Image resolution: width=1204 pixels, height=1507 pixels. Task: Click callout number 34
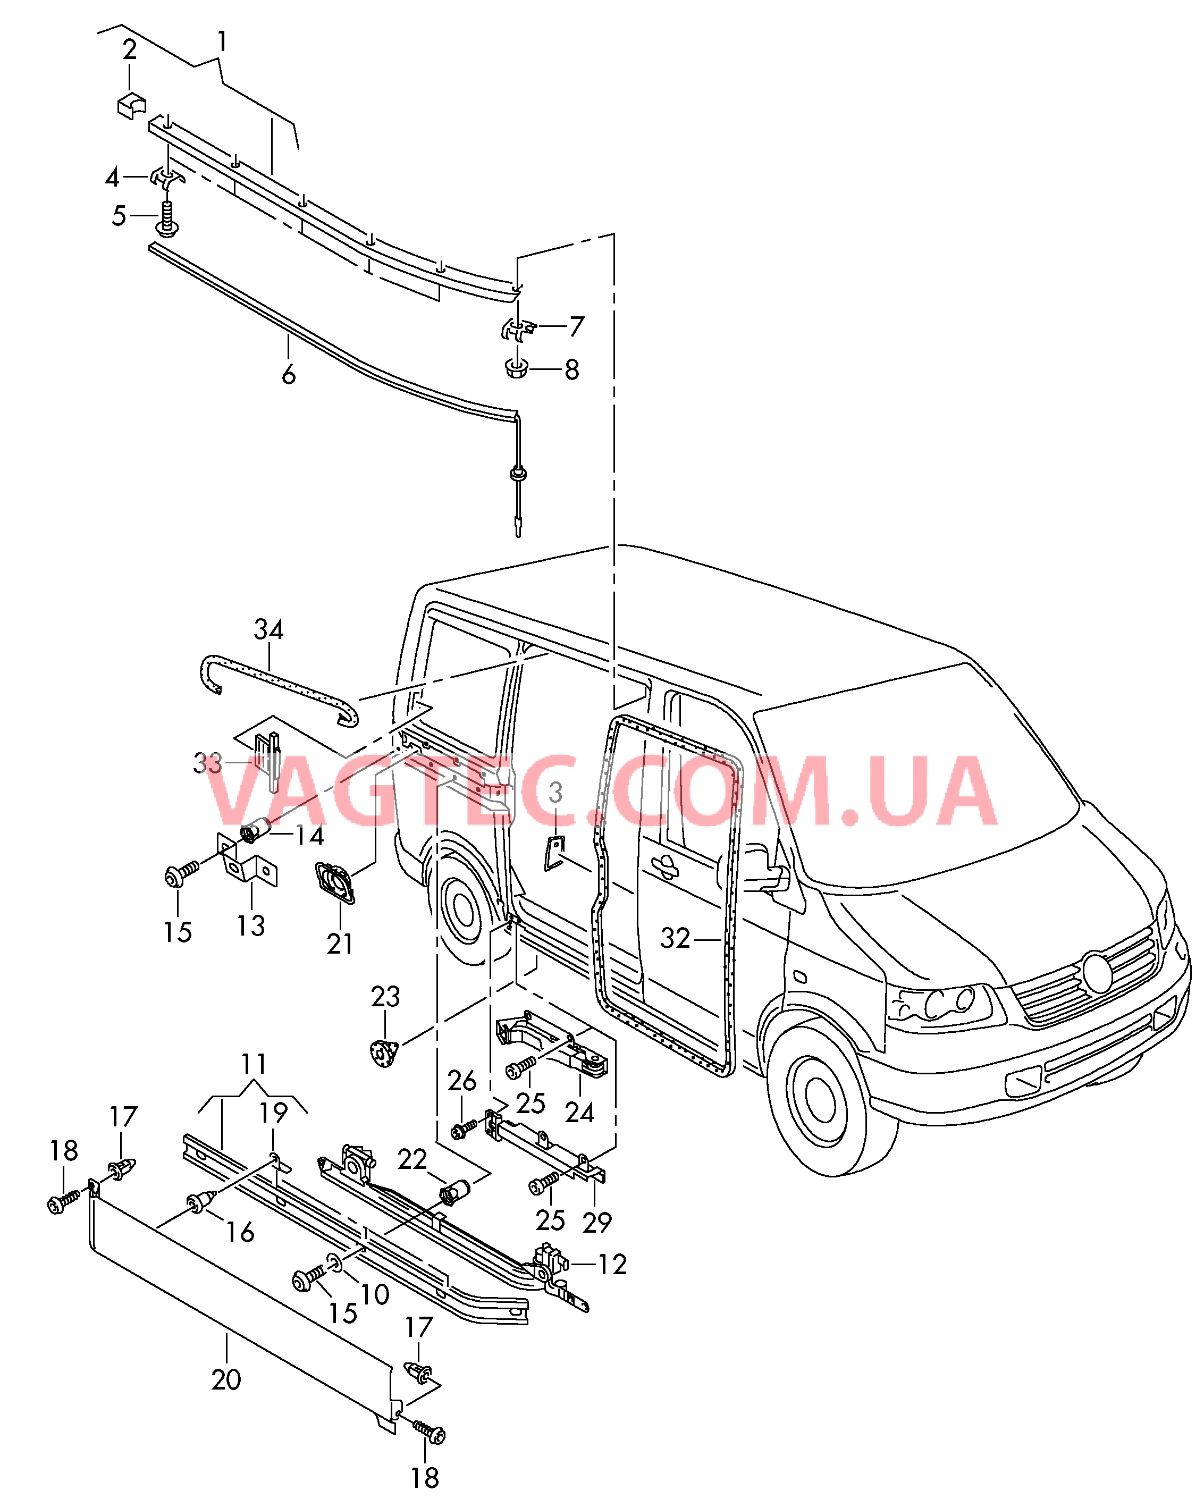(x=268, y=630)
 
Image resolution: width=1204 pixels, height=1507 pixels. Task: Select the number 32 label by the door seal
(x=675, y=938)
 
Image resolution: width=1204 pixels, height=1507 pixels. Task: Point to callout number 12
(x=612, y=1264)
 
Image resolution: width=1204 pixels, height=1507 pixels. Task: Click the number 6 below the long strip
(x=289, y=375)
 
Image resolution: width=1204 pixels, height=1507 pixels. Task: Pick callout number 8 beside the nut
(x=572, y=370)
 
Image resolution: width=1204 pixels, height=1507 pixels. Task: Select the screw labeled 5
(x=167, y=217)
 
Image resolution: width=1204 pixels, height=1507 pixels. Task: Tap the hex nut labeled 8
(x=516, y=368)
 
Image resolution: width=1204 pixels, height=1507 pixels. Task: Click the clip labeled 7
(x=518, y=329)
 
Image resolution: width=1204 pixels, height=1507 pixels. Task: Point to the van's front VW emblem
(x=1097, y=972)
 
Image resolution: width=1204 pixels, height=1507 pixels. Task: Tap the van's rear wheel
(x=462, y=908)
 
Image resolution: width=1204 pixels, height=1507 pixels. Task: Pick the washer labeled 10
(x=335, y=1261)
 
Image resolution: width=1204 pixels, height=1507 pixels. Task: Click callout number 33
(x=207, y=763)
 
